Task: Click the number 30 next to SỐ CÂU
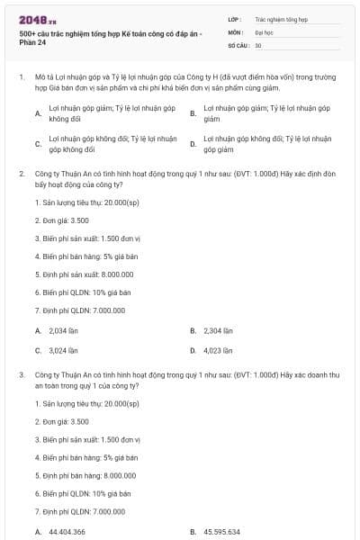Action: click(x=258, y=45)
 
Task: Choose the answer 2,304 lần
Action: click(x=219, y=330)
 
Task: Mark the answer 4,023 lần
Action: click(x=219, y=350)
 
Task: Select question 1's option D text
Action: click(x=267, y=144)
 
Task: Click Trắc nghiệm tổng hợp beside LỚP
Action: click(x=282, y=18)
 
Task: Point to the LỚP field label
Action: click(x=234, y=18)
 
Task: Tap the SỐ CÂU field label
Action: click(x=237, y=45)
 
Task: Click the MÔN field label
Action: click(x=235, y=31)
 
